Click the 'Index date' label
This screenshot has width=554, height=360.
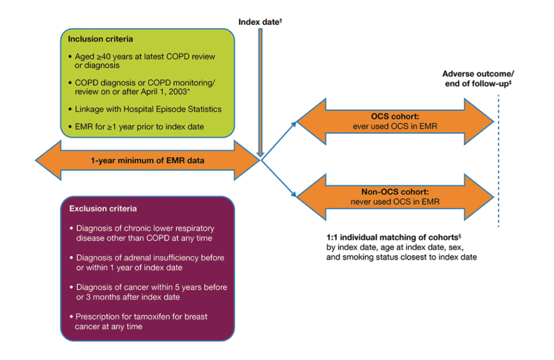(x=260, y=22)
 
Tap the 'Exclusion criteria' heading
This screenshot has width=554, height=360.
(x=103, y=208)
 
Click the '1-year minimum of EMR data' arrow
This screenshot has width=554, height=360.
(x=147, y=160)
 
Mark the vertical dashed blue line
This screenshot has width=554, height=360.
(x=498, y=162)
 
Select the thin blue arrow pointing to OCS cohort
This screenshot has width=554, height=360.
(x=279, y=141)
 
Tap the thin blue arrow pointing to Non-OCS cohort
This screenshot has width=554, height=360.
(x=279, y=179)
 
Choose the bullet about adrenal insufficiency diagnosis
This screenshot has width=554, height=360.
(x=149, y=263)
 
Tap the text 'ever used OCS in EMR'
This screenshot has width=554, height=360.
(x=394, y=127)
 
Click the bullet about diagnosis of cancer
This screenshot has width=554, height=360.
(x=150, y=292)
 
